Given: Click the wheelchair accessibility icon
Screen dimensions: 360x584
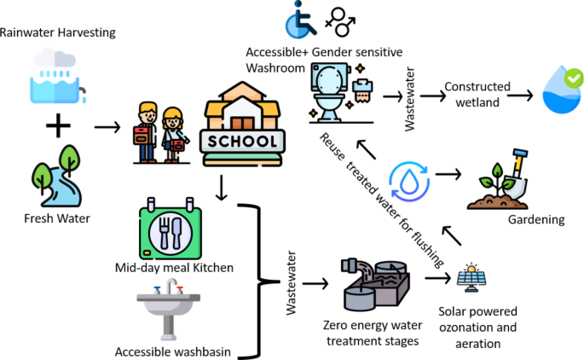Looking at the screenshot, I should click(301, 20).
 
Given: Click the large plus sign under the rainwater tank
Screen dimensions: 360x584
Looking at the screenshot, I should click(58, 128).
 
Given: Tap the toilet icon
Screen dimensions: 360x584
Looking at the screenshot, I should click(331, 92).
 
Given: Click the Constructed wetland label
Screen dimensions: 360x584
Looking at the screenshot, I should click(477, 94).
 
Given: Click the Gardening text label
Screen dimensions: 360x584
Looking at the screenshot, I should click(536, 219).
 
